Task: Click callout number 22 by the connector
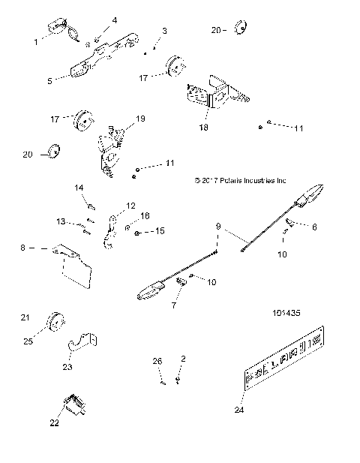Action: point(54,423)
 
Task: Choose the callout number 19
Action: point(140,118)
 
